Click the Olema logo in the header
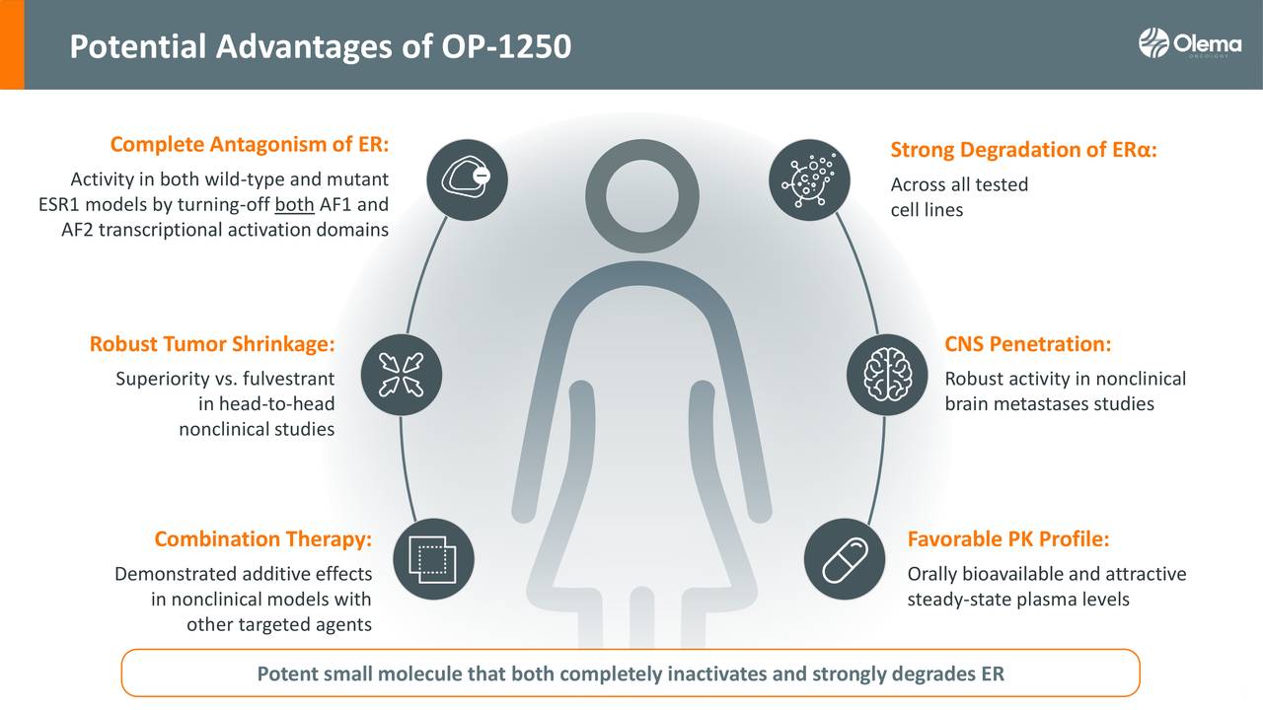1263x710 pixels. tap(1190, 42)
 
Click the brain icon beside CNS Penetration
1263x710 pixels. tap(887, 375)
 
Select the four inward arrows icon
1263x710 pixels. tap(402, 375)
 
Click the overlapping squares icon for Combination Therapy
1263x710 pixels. tap(433, 559)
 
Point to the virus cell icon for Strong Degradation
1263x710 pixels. tap(810, 180)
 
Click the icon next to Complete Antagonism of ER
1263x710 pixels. tap(468, 180)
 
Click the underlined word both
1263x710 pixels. tap(294, 204)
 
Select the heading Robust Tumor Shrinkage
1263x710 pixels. tap(212, 344)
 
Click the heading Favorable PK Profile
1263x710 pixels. tap(1008, 539)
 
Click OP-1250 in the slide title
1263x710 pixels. tap(506, 46)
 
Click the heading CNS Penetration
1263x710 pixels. tap(1028, 344)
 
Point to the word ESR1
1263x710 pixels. tap(59, 204)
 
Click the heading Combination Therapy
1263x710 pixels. tap(263, 539)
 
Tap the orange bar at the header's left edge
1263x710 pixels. tap(12, 44)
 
